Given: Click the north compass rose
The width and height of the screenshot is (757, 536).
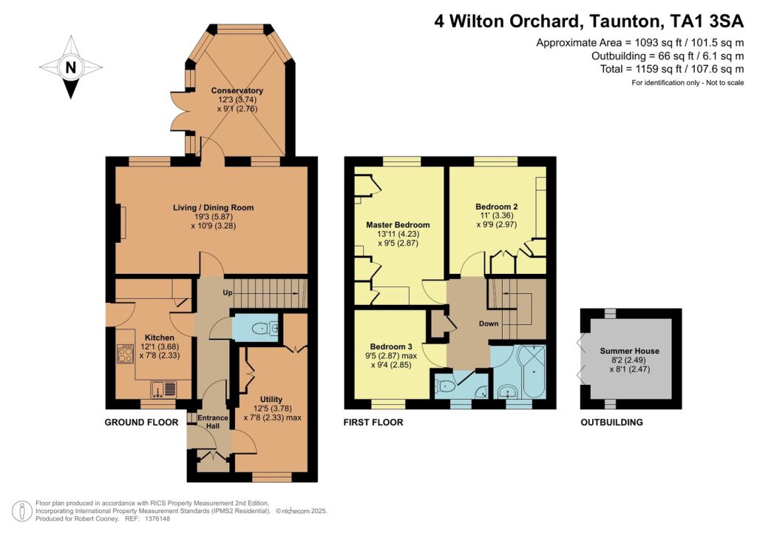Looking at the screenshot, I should click(x=71, y=68).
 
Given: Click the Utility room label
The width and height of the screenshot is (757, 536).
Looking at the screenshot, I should click(x=271, y=399).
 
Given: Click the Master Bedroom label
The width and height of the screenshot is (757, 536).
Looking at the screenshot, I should click(x=398, y=224).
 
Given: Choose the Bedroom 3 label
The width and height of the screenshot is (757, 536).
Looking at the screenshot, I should click(x=391, y=346).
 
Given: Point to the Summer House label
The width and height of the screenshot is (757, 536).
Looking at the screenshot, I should click(x=629, y=350).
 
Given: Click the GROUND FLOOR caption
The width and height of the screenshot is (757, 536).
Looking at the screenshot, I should click(x=141, y=423).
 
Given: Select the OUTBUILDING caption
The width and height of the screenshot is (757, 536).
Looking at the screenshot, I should click(x=611, y=423).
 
